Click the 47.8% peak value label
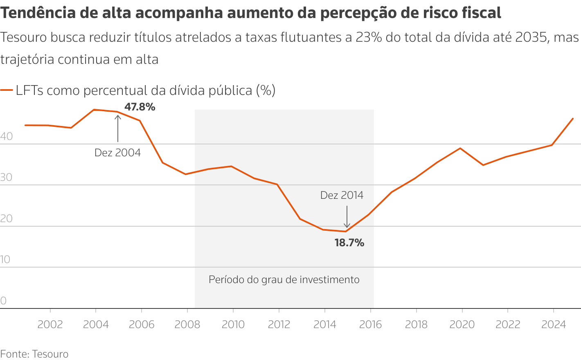point(140,107)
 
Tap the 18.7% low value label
point(349,243)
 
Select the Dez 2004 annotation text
point(117,153)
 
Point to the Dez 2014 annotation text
point(342,196)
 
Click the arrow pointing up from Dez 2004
point(118,128)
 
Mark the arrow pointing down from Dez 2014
point(347,217)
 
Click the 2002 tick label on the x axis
point(50,325)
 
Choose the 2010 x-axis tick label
point(233,325)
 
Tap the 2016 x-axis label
point(370,325)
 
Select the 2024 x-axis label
point(553,325)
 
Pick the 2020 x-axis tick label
point(462,325)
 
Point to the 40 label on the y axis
point(7,137)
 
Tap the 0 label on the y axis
point(4,301)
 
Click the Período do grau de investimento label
point(284,280)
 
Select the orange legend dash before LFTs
point(7,90)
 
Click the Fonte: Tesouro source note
point(34,354)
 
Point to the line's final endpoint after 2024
point(572,119)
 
